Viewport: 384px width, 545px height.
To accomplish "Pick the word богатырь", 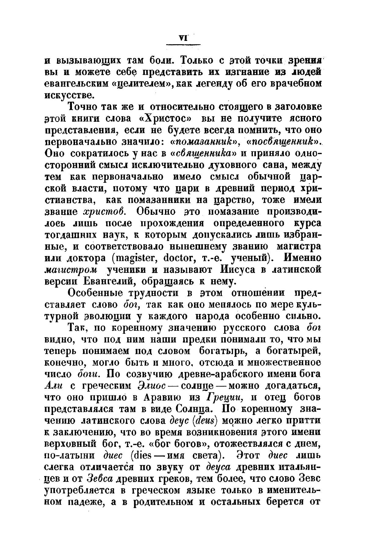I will coord(223,351).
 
